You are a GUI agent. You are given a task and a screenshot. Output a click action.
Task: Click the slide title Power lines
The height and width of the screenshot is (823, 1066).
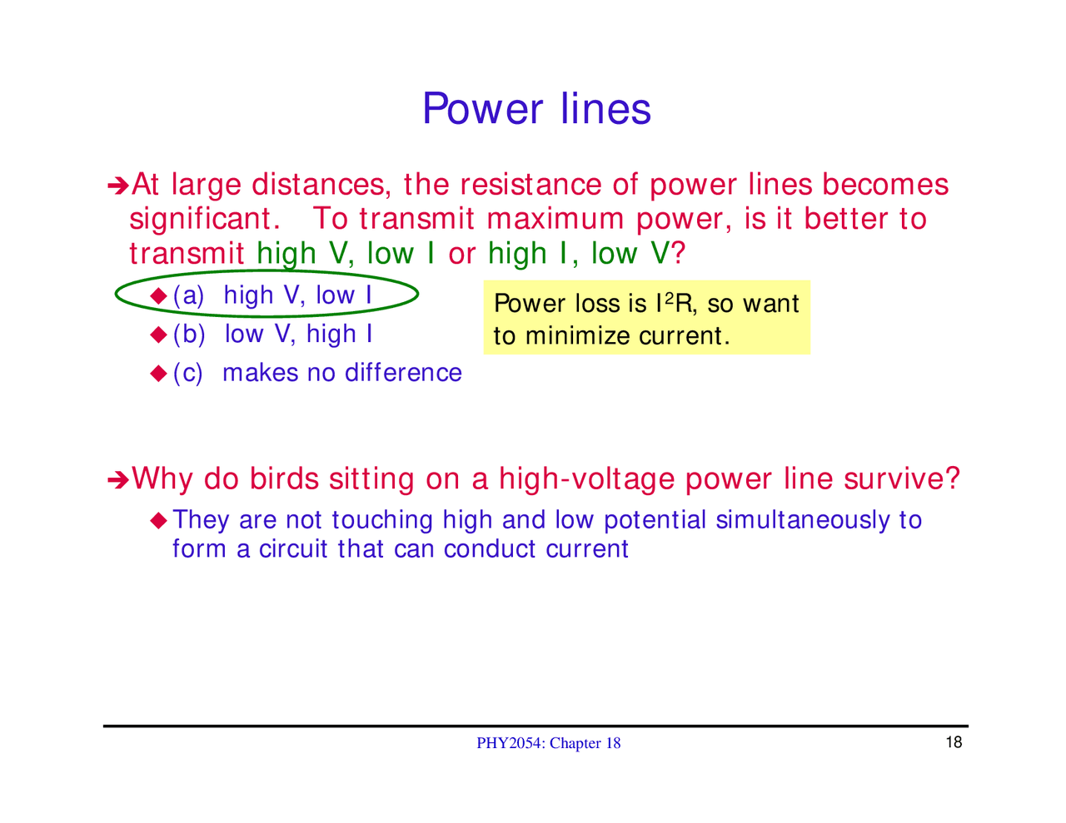pos(536,109)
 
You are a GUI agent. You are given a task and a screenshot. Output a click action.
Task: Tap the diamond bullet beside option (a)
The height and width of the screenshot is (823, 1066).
pos(159,295)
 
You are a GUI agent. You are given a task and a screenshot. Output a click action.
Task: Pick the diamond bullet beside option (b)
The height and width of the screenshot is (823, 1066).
pos(159,335)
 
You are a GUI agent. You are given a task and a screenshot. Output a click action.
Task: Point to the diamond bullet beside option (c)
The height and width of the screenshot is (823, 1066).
pos(159,374)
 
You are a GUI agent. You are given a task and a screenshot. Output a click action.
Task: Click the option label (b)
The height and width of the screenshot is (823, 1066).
pos(189,335)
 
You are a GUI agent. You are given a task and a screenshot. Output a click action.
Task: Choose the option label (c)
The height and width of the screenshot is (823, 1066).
pos(188,373)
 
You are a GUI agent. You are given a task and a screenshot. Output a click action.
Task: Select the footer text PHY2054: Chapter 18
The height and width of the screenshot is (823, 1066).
pos(548,743)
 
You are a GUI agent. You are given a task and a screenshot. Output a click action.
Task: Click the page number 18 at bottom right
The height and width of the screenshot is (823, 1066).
pos(954,742)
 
